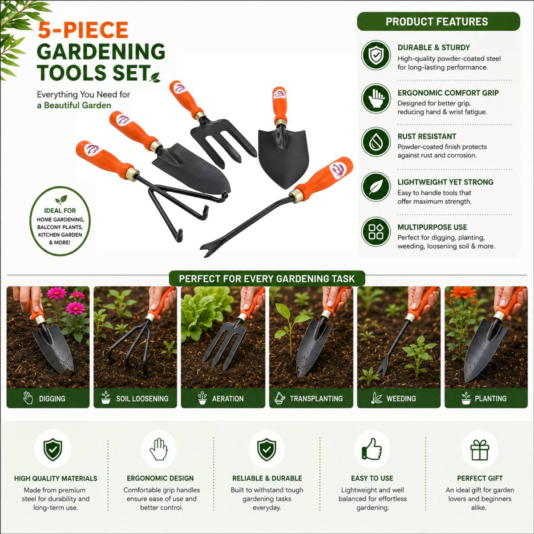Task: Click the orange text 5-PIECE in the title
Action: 83,30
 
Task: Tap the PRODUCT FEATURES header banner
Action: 438,21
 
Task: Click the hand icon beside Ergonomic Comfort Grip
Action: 376,98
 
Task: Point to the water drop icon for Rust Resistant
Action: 376,142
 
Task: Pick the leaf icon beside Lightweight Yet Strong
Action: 376,186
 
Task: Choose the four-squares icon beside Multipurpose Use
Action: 376,232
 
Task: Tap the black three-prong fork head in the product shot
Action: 222,142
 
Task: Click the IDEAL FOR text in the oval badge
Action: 60,210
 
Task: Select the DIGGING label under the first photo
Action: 52,398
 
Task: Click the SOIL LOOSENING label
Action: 142,398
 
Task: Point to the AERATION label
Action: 228,398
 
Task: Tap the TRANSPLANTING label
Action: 316,398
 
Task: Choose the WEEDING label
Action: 401,398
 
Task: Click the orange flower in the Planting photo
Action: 463,292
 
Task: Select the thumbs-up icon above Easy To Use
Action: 372,449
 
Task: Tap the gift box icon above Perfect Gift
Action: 480,449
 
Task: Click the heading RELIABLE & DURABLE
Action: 267,478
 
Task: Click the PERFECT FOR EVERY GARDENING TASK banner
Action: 267,279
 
